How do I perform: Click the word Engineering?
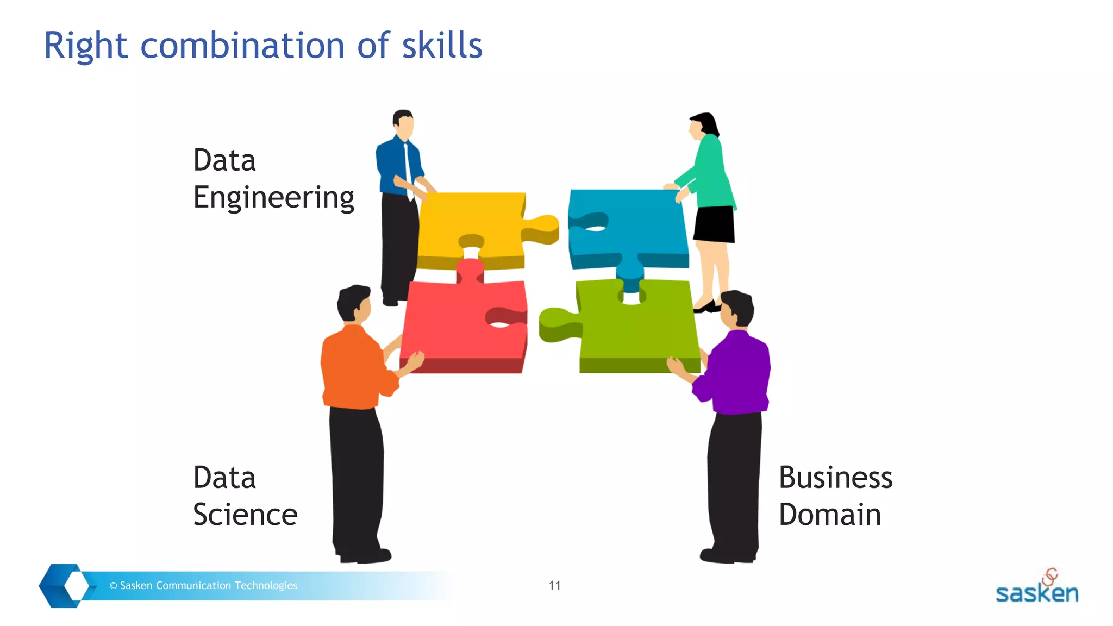pyautogui.click(x=273, y=198)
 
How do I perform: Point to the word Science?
pyautogui.click(x=245, y=515)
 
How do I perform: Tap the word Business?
pyautogui.click(x=835, y=478)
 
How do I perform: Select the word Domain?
pyautogui.click(x=829, y=515)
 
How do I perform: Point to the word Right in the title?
pyautogui.click(x=85, y=46)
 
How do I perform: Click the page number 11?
pyautogui.click(x=554, y=585)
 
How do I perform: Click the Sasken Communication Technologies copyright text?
pyautogui.click(x=204, y=585)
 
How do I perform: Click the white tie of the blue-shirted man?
pyautogui.click(x=408, y=168)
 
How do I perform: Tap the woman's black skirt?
pyautogui.click(x=715, y=224)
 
